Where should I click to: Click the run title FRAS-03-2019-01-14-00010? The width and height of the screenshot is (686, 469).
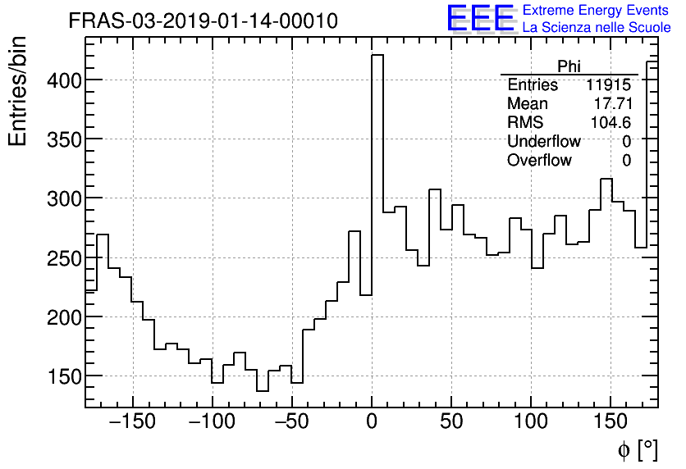[x=203, y=21]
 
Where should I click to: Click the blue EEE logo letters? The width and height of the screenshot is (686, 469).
[x=481, y=19]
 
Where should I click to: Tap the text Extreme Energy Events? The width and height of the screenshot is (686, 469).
[x=597, y=11]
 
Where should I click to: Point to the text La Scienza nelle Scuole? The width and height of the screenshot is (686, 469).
[x=597, y=28]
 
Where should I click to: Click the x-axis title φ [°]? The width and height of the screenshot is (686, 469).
[x=638, y=449]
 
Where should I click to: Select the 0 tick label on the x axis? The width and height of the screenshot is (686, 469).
[x=372, y=423]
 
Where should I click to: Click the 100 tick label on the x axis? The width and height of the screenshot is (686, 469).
[x=531, y=423]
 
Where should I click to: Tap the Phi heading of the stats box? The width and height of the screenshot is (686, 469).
[x=569, y=66]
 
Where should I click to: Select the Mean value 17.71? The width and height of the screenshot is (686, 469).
[x=612, y=104]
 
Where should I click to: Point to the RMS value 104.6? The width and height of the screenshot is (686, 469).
[x=611, y=123]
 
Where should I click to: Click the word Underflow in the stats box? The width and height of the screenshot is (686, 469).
[x=543, y=142]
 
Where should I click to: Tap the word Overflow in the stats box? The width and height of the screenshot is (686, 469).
[x=539, y=161]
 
